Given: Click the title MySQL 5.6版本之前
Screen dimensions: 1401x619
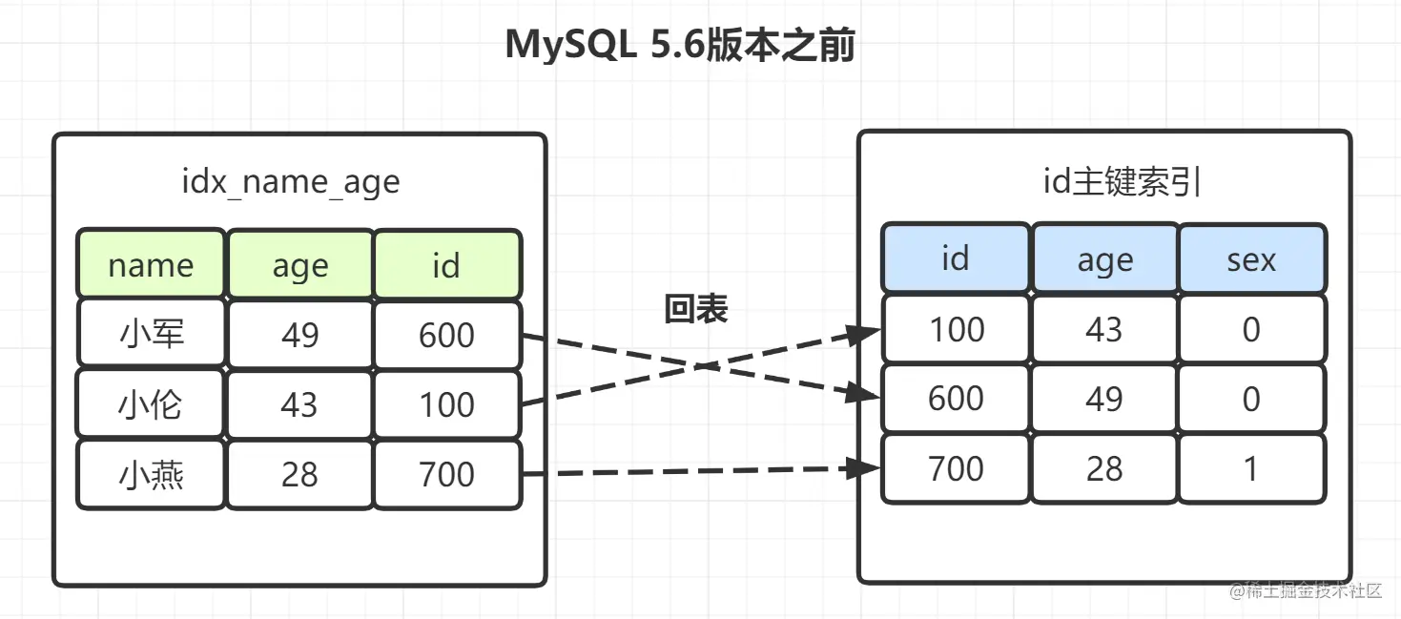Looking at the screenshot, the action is coord(680,45).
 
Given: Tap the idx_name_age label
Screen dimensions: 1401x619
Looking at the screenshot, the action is coord(291,182).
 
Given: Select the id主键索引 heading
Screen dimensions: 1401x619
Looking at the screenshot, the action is coord(1122,181).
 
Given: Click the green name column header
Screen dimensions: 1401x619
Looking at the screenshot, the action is coord(151,263).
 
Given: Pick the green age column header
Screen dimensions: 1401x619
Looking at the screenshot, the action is coord(300,263).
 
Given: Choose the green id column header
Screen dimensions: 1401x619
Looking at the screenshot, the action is coord(447,263).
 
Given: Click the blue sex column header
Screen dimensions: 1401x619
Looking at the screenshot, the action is coord(1251,258).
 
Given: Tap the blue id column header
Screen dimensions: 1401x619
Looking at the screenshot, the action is coord(955,258).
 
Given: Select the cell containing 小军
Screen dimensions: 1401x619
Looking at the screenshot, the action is coord(151,333).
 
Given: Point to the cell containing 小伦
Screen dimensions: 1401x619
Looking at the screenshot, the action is coord(151,403).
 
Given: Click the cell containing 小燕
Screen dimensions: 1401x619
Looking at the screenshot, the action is coord(151,474).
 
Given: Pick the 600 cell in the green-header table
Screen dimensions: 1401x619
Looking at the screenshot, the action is coord(447,334).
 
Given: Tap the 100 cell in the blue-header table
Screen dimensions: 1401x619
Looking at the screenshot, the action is coord(956,328).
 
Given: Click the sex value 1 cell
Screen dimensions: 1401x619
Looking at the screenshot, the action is coord(1251,468).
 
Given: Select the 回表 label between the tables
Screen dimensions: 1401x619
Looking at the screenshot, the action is coord(696,308).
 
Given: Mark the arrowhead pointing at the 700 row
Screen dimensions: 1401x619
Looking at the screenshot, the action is coord(863,467).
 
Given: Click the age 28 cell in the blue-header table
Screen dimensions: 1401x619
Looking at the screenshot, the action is coord(1104,468).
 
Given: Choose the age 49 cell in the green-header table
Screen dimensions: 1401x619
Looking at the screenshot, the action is coord(300,334).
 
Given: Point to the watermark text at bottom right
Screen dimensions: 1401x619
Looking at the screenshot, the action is coord(1306,590).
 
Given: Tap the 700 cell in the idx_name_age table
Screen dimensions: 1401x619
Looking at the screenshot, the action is coord(447,474).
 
